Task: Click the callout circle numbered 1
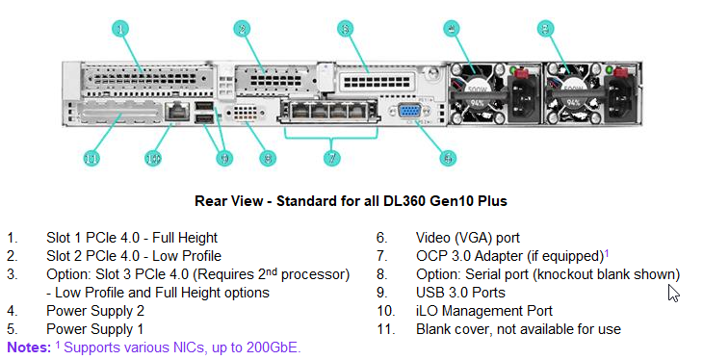[120, 29]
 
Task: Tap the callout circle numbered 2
[243, 29]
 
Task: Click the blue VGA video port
[409, 113]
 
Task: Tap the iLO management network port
[176, 113]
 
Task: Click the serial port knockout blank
[247, 116]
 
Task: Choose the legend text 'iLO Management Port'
[483, 311]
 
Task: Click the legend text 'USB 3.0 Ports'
[462, 293]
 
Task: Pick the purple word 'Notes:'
[27, 347]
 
